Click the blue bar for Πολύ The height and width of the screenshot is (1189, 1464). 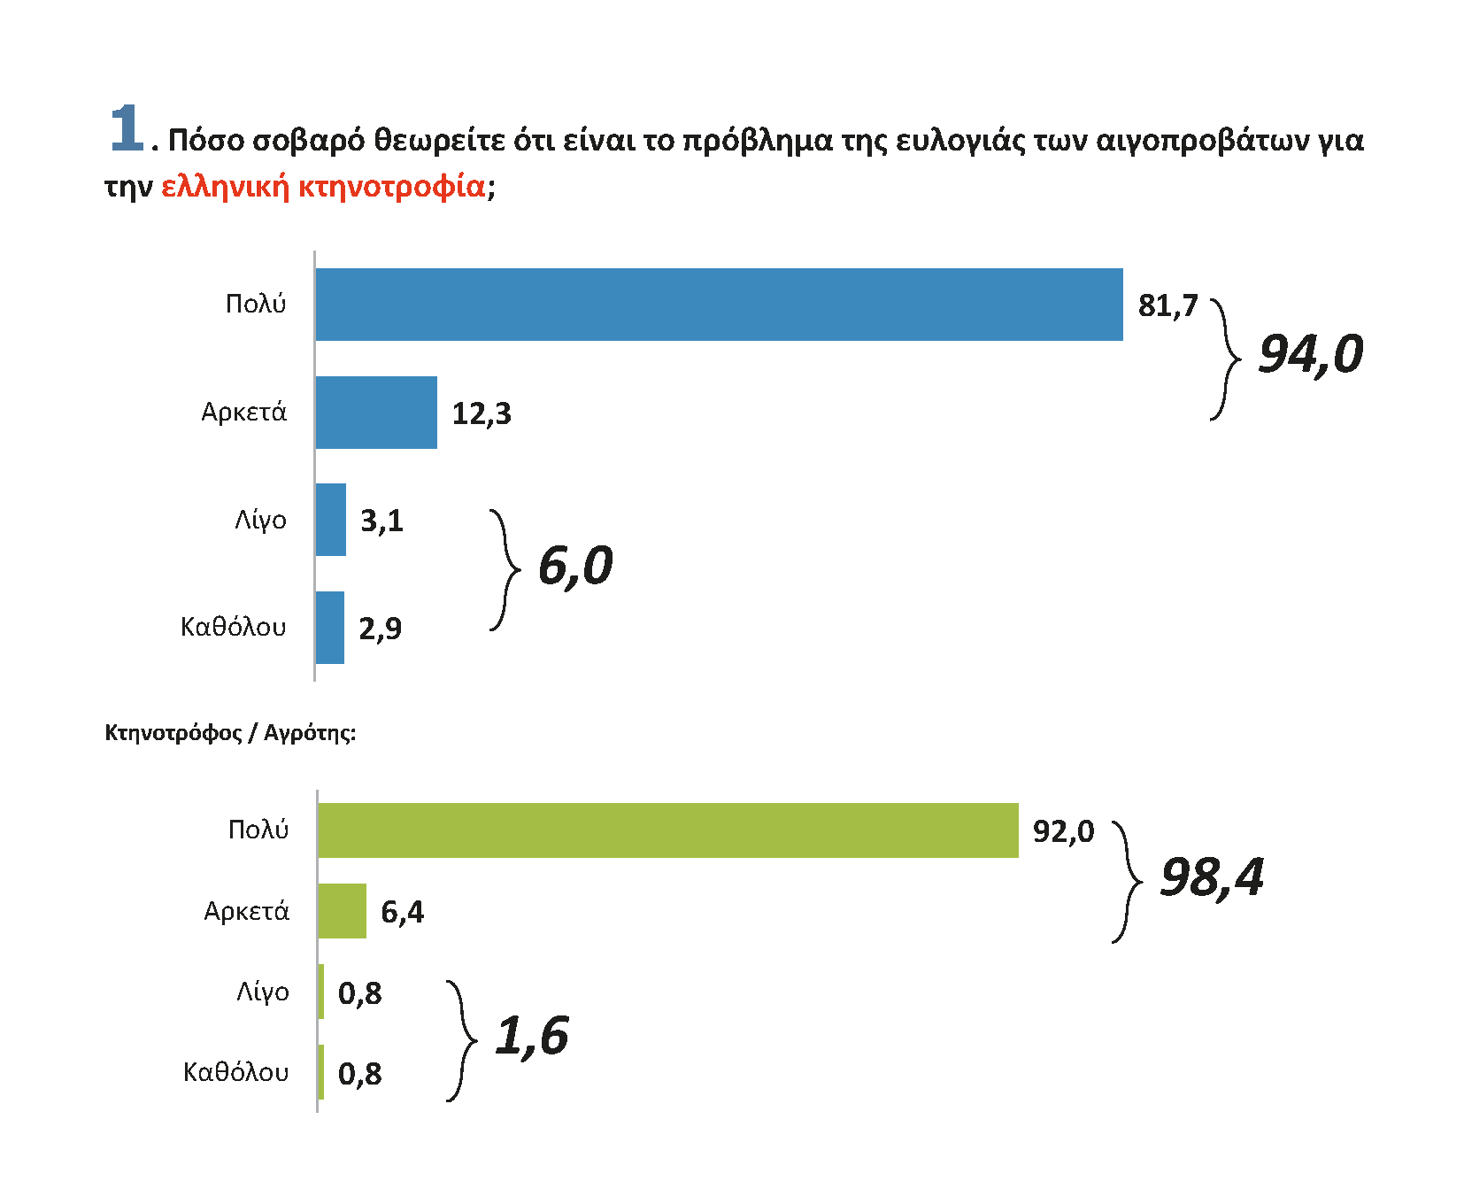click(x=719, y=305)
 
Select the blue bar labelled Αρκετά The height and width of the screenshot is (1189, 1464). click(x=376, y=413)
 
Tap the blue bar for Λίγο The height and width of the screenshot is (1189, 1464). click(x=331, y=520)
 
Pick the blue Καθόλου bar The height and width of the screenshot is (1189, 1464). click(x=330, y=628)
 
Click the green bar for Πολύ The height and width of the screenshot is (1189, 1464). click(x=667, y=830)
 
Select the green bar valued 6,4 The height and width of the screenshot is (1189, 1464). click(x=342, y=911)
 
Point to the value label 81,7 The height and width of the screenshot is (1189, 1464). click(x=1167, y=306)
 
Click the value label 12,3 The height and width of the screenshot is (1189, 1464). click(x=482, y=414)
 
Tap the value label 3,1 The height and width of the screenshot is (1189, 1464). click(x=381, y=521)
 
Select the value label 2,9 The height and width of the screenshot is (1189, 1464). click(x=380, y=629)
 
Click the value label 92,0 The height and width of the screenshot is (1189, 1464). click(x=1063, y=832)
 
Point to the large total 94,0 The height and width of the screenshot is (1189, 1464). click(x=1310, y=355)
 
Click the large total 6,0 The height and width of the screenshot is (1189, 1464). click(x=574, y=567)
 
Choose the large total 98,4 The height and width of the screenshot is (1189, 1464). click(x=1211, y=878)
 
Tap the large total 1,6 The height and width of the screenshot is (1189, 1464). click(x=531, y=1036)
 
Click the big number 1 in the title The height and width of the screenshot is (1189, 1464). click(x=126, y=127)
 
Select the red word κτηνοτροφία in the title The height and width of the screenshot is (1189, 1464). click(x=391, y=187)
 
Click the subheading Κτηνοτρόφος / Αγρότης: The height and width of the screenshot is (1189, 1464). click(x=230, y=733)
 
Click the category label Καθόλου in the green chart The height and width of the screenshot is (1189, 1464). click(x=235, y=1073)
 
